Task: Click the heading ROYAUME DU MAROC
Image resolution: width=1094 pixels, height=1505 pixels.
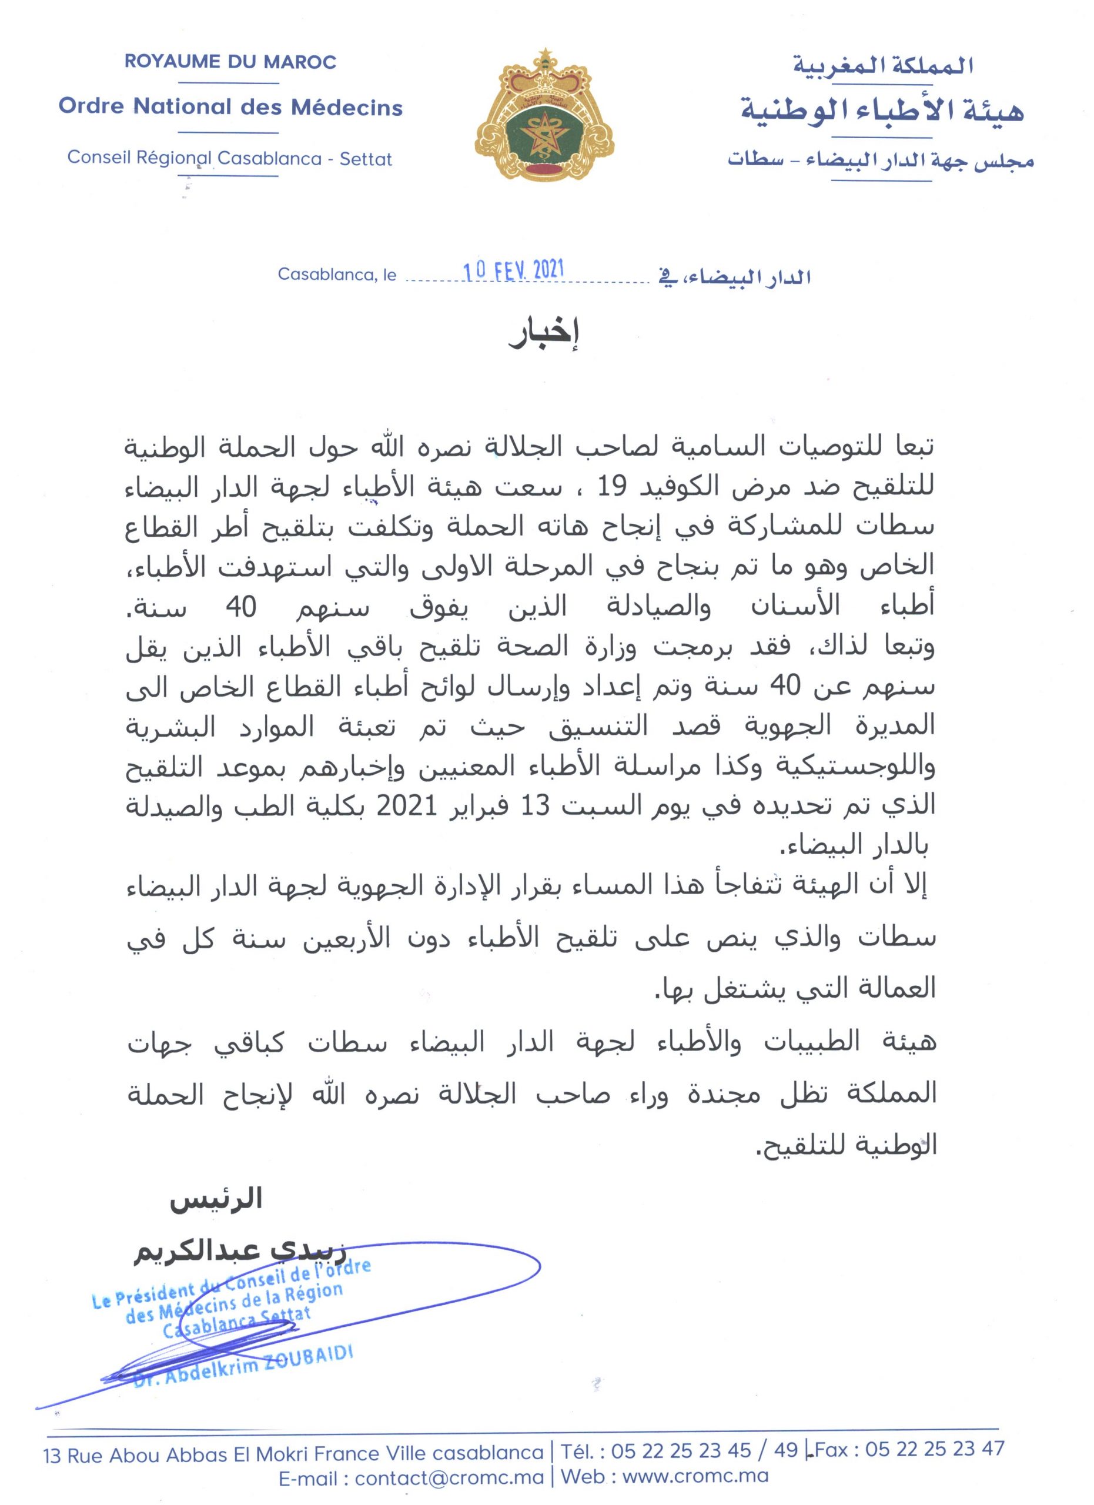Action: pos(230,62)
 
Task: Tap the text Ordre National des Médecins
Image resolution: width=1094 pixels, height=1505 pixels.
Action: pos(230,107)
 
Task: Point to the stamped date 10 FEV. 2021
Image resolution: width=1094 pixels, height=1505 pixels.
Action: pos(514,270)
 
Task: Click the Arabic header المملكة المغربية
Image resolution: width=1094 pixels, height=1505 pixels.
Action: pos(882,66)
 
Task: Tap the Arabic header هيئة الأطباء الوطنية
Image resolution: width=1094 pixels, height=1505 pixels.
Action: pos(882,110)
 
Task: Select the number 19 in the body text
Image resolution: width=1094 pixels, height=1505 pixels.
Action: pos(612,488)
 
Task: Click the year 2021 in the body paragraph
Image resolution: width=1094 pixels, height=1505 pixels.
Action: pos(406,806)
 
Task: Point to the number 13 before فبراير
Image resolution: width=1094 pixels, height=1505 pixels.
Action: pos(535,806)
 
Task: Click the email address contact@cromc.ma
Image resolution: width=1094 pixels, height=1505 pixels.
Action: pos(449,1478)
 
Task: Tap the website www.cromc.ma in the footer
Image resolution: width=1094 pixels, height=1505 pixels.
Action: pos(695,1478)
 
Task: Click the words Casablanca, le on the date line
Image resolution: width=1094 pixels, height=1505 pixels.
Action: pos(337,274)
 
